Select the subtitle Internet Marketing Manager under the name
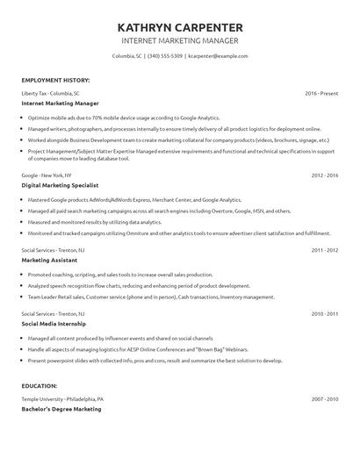[179, 40]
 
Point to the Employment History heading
[56, 79]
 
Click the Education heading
[40, 385]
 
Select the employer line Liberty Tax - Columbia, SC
[50, 92]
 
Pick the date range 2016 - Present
[321, 92]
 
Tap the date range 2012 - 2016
[325, 175]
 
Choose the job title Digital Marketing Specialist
[60, 185]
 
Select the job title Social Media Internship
[54, 324]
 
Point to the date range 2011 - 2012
[325, 250]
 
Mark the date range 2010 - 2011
[325, 313]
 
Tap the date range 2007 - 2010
[325, 399]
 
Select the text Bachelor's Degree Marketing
[61, 409]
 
